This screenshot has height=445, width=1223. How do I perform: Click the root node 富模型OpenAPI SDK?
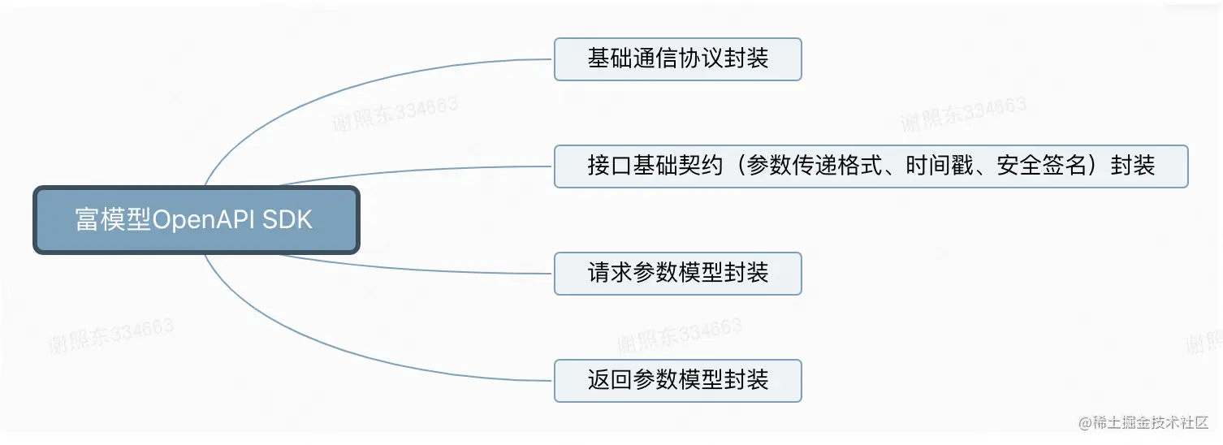pos(196,220)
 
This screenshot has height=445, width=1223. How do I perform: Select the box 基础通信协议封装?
pos(677,59)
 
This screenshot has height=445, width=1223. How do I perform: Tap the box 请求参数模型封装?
pos(677,274)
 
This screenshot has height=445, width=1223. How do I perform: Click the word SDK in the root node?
pos(287,220)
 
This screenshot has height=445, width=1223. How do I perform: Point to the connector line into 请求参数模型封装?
pos(406,269)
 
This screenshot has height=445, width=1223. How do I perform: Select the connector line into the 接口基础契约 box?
pos(406,171)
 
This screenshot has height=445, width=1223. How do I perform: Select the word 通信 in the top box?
pos(647,59)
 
